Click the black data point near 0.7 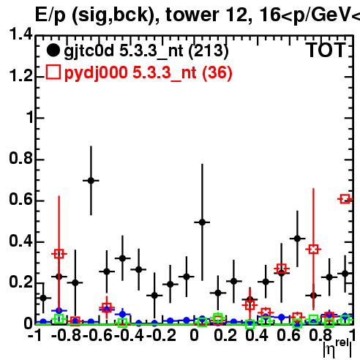click(91, 181)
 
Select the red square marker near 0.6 click(345, 199)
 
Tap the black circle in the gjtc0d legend click(53, 50)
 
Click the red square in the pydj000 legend click(53, 72)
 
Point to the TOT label click(326, 50)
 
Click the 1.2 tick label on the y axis click(20, 76)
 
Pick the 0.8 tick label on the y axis click(20, 158)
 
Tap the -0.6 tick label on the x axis click(97, 335)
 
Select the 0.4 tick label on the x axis click(257, 335)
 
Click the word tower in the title click(192, 15)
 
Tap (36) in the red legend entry click(217, 72)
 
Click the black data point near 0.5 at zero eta click(202, 222)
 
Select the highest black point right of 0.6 click(297, 239)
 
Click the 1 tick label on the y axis click(30, 117)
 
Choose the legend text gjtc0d click(89, 51)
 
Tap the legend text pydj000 click(96, 73)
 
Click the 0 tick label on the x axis click(194, 335)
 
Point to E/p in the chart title click(50, 15)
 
